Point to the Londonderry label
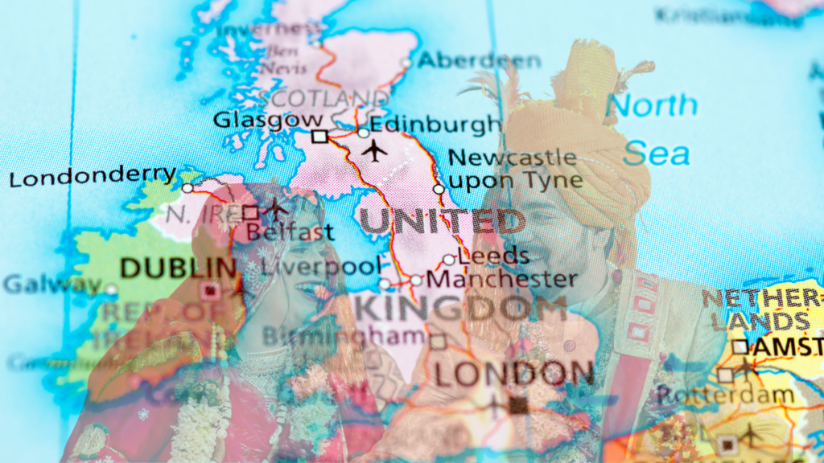tap(93, 175)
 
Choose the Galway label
tap(52, 284)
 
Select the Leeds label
tap(494, 256)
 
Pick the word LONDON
tap(514, 373)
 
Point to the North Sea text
tap(653, 128)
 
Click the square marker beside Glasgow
tap(319, 137)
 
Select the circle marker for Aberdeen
tap(406, 63)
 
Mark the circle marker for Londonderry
tap(187, 188)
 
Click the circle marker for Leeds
tap(449, 260)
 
